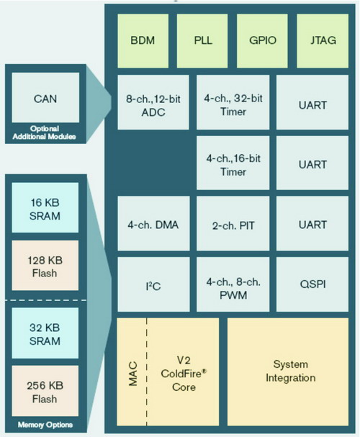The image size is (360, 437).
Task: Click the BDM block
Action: click(x=143, y=41)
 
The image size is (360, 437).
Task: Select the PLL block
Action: click(x=202, y=41)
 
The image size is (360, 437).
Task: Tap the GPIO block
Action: click(x=262, y=41)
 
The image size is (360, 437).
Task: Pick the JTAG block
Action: click(x=323, y=41)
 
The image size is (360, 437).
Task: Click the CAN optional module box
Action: click(x=45, y=97)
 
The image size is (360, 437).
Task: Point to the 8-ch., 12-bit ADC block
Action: click(x=153, y=102)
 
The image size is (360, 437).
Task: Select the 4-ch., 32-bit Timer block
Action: click(x=233, y=102)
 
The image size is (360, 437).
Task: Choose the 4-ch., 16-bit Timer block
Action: click(x=233, y=163)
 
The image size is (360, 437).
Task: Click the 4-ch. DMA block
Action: click(x=153, y=223)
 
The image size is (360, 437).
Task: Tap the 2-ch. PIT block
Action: click(x=233, y=223)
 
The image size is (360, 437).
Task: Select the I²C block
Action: click(x=153, y=284)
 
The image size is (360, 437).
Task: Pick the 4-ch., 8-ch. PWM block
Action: click(x=233, y=284)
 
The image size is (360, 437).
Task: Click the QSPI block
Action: click(x=312, y=284)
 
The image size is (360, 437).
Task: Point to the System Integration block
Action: click(x=288, y=371)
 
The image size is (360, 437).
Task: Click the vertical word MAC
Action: click(x=133, y=374)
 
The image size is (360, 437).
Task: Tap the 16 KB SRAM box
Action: click(x=45, y=207)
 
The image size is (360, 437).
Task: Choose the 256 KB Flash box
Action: click(x=45, y=391)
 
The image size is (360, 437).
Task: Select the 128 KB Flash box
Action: click(x=45, y=266)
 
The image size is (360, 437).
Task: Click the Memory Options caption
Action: click(x=45, y=425)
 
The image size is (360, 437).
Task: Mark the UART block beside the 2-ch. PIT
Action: click(x=312, y=223)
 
